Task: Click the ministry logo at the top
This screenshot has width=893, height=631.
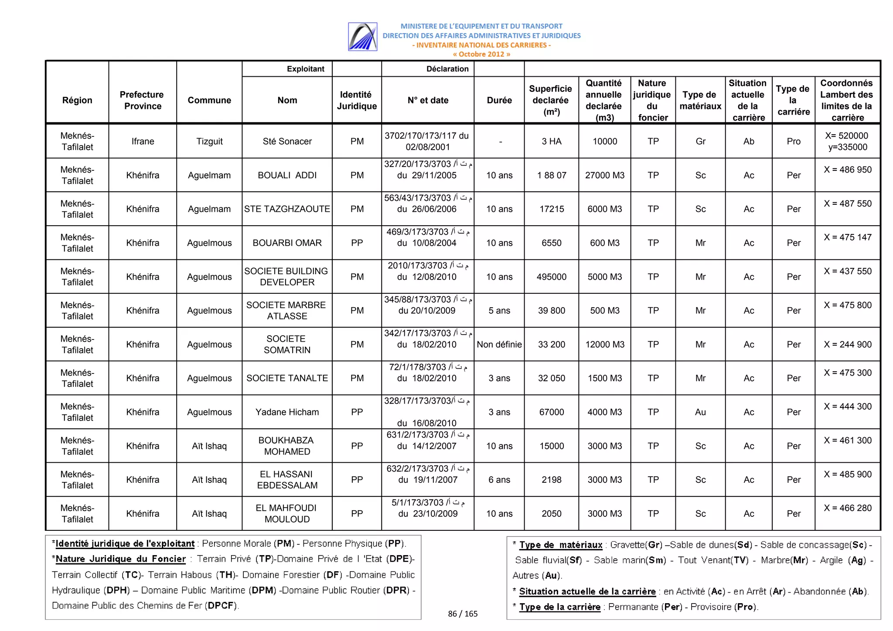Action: click(362, 37)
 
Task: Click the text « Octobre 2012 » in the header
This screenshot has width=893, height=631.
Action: click(481, 54)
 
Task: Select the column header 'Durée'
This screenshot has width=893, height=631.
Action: click(499, 100)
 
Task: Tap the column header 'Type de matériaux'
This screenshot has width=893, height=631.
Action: click(700, 100)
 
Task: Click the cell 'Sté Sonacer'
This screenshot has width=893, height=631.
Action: click(287, 141)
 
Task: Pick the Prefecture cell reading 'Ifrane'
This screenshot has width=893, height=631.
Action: click(143, 141)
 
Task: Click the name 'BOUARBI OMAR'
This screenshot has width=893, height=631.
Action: click(287, 243)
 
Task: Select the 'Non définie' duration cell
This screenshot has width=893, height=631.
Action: click(499, 344)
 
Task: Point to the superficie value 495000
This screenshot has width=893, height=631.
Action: click(552, 277)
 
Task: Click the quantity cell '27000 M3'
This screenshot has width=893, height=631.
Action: click(605, 175)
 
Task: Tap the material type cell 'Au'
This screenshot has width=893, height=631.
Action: click(700, 412)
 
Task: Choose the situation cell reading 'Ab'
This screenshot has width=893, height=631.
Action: click(749, 141)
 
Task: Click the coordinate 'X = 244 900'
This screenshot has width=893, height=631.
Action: click(848, 344)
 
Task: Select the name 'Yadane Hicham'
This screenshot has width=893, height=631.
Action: click(287, 412)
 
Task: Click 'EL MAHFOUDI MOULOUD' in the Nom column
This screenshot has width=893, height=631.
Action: click(287, 513)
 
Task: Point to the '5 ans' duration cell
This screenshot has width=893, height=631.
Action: click(499, 310)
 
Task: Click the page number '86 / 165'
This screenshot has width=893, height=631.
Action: click(463, 614)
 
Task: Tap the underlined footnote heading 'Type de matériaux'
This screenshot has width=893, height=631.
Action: click(561, 545)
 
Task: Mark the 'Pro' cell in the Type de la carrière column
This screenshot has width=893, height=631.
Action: click(794, 141)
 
